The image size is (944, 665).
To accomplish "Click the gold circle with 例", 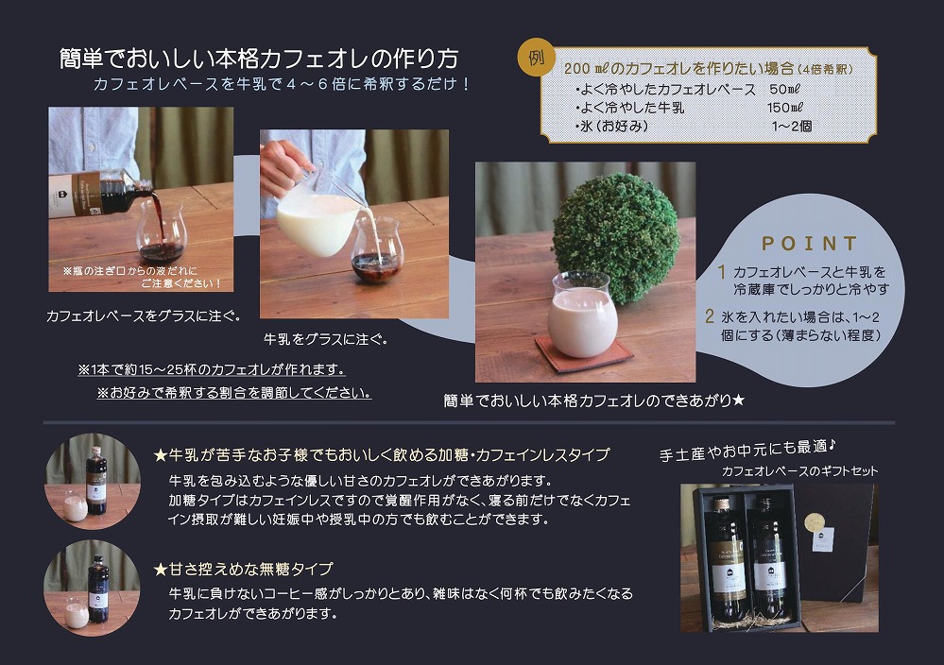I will pos(537,59).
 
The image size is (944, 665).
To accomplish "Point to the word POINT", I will pos(809,244).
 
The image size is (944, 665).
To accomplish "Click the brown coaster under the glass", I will pos(583,355).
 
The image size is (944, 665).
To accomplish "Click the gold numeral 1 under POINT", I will pos(722,272).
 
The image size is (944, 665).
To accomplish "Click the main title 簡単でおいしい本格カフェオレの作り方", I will pos(258,59).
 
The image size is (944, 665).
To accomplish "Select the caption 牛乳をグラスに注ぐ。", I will pos(325,338).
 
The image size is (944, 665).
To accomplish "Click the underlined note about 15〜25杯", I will pos(211,369).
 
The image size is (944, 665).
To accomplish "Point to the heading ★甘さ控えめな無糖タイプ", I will pos(243,569).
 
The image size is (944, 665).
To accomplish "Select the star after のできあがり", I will pos(739,401).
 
